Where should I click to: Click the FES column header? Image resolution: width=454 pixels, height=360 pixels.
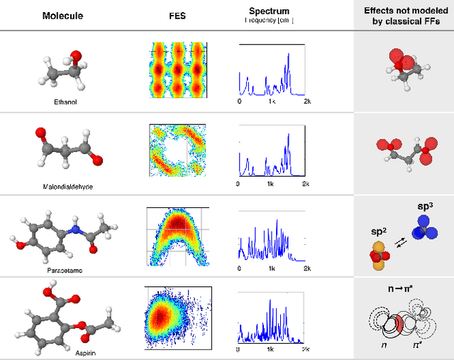pos(176,16)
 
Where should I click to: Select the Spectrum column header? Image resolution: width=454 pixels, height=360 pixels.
pos(270,11)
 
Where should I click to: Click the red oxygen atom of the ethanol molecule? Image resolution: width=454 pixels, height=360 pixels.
pos(76,56)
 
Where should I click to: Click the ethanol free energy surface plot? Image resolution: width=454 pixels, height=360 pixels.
pos(176,69)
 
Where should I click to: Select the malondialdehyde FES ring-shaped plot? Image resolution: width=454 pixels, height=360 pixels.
pos(176,150)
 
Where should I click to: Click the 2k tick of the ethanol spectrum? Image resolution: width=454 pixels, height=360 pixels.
pos(306,102)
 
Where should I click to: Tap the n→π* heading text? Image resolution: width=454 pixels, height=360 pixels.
pos(402,289)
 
